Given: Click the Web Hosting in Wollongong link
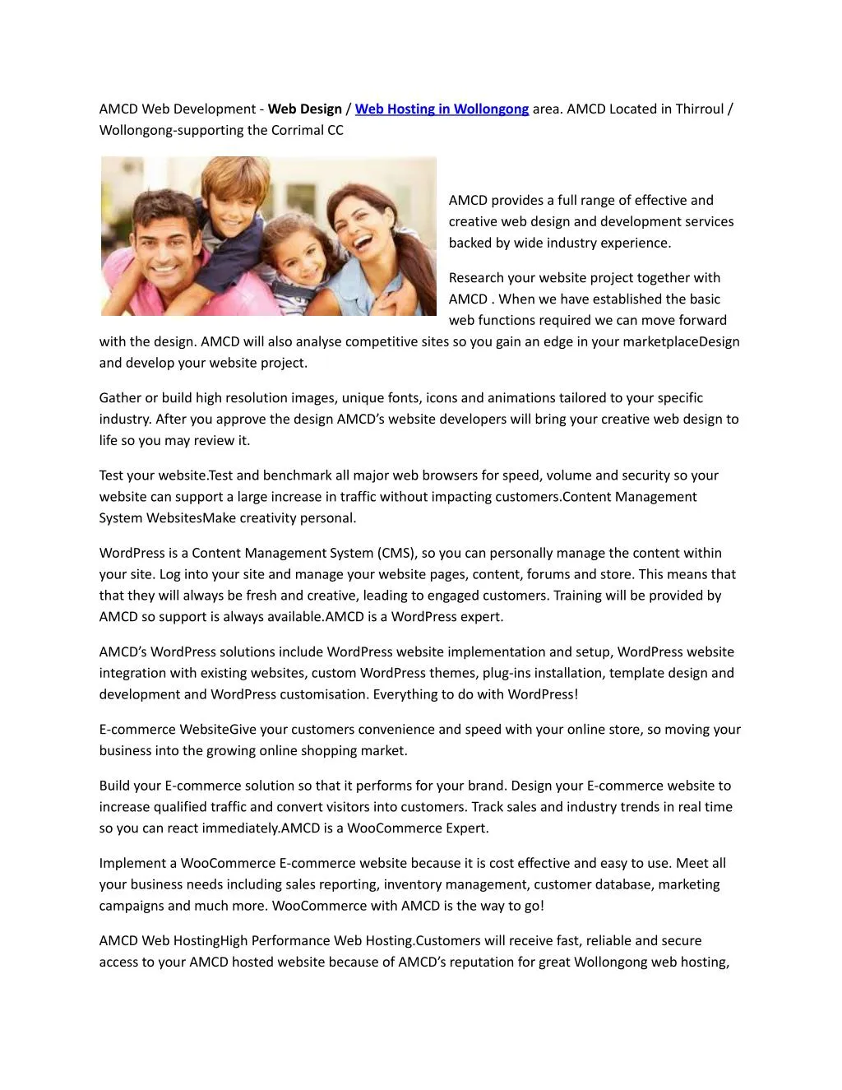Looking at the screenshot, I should [442, 109].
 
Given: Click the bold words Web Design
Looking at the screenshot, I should [305, 109].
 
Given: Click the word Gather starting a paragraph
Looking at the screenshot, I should [120, 398].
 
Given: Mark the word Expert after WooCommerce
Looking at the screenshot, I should [466, 828].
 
